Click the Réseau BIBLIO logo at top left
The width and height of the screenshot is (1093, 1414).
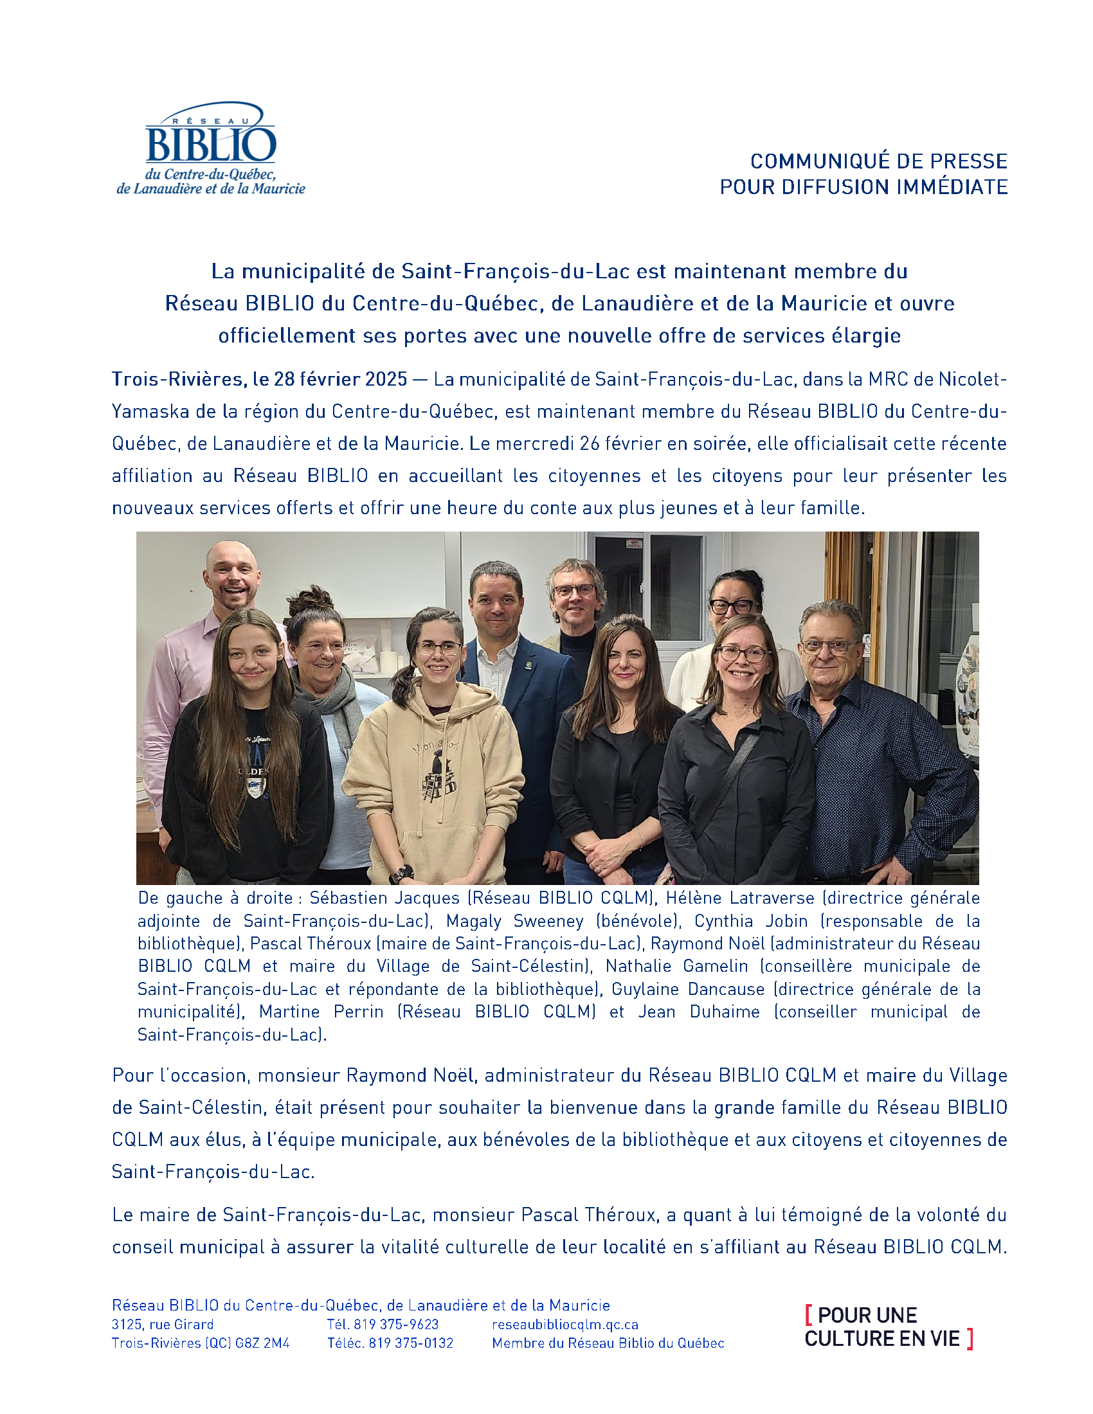point(210,148)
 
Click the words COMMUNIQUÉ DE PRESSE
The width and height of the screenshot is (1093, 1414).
point(879,161)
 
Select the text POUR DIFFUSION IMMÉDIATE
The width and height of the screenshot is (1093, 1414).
point(863,187)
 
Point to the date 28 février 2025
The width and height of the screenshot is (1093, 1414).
point(341,379)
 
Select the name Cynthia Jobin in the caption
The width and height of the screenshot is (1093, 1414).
point(750,920)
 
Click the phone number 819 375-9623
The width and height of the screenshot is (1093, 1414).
point(395,1325)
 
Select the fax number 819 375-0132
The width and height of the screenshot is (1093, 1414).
point(411,1343)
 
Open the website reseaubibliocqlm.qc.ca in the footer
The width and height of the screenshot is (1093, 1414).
point(565,1325)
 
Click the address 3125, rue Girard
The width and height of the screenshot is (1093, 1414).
point(163,1325)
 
